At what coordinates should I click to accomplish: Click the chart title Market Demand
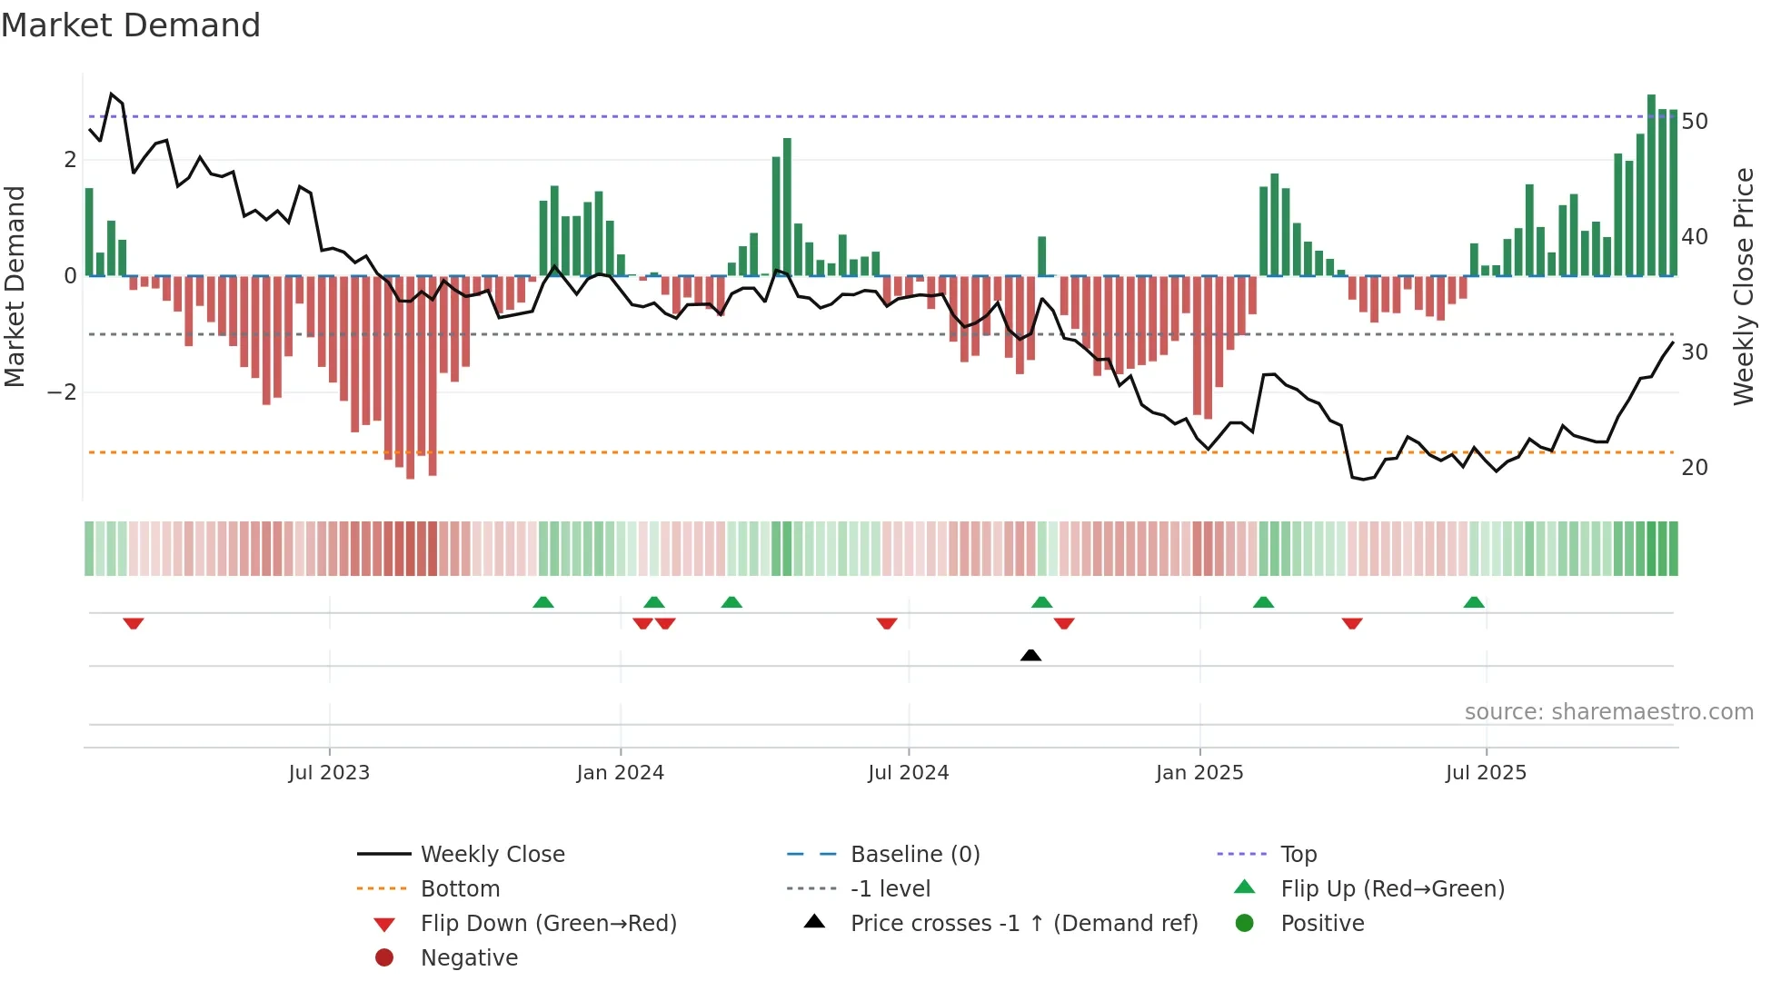[x=131, y=25]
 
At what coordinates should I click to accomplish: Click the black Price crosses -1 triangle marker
[x=1030, y=655]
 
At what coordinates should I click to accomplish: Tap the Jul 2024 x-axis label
[x=908, y=773]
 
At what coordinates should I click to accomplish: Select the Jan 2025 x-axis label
[x=1199, y=773]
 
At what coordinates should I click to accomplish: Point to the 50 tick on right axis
[x=1695, y=122]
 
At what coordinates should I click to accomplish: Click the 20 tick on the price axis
[x=1695, y=468]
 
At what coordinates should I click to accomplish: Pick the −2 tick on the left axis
[x=62, y=392]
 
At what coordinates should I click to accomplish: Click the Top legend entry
[x=1298, y=855]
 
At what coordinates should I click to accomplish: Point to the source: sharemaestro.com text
[x=1608, y=712]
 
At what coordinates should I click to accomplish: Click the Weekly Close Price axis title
[x=1743, y=286]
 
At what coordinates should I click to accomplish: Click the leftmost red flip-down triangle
[x=134, y=623]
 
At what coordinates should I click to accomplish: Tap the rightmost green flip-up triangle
[x=1474, y=602]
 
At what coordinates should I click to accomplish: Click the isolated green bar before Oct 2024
[x=1042, y=256]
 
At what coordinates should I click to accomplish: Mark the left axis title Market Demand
[x=15, y=286]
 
